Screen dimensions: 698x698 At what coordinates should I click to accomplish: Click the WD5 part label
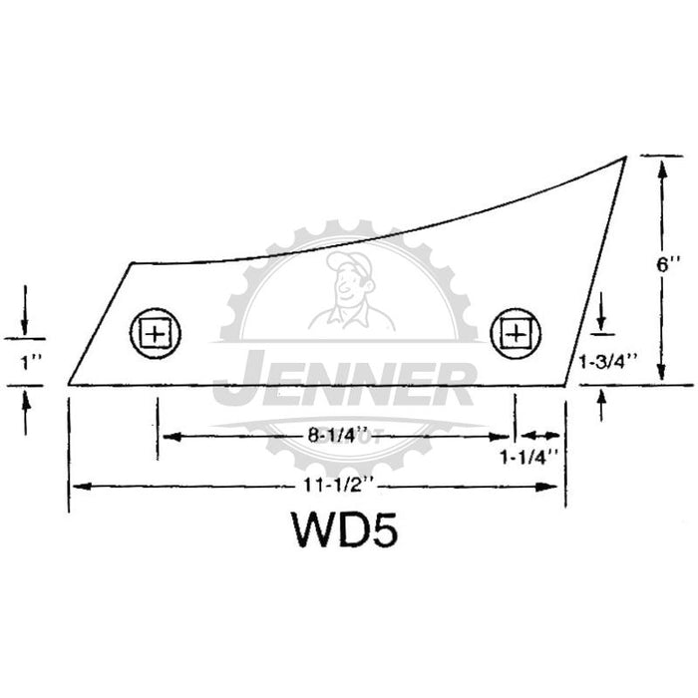(x=344, y=529)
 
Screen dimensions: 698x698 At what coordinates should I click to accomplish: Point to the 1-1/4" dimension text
(x=528, y=457)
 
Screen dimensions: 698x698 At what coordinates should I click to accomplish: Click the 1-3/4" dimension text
(x=609, y=361)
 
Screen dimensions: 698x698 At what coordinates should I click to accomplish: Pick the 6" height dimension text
(x=669, y=265)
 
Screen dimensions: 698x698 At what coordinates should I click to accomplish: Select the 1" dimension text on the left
(x=31, y=363)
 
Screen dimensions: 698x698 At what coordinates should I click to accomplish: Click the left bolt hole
(x=156, y=333)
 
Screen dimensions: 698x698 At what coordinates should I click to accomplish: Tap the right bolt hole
(x=516, y=333)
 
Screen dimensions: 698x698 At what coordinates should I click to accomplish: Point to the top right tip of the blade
(x=626, y=157)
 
